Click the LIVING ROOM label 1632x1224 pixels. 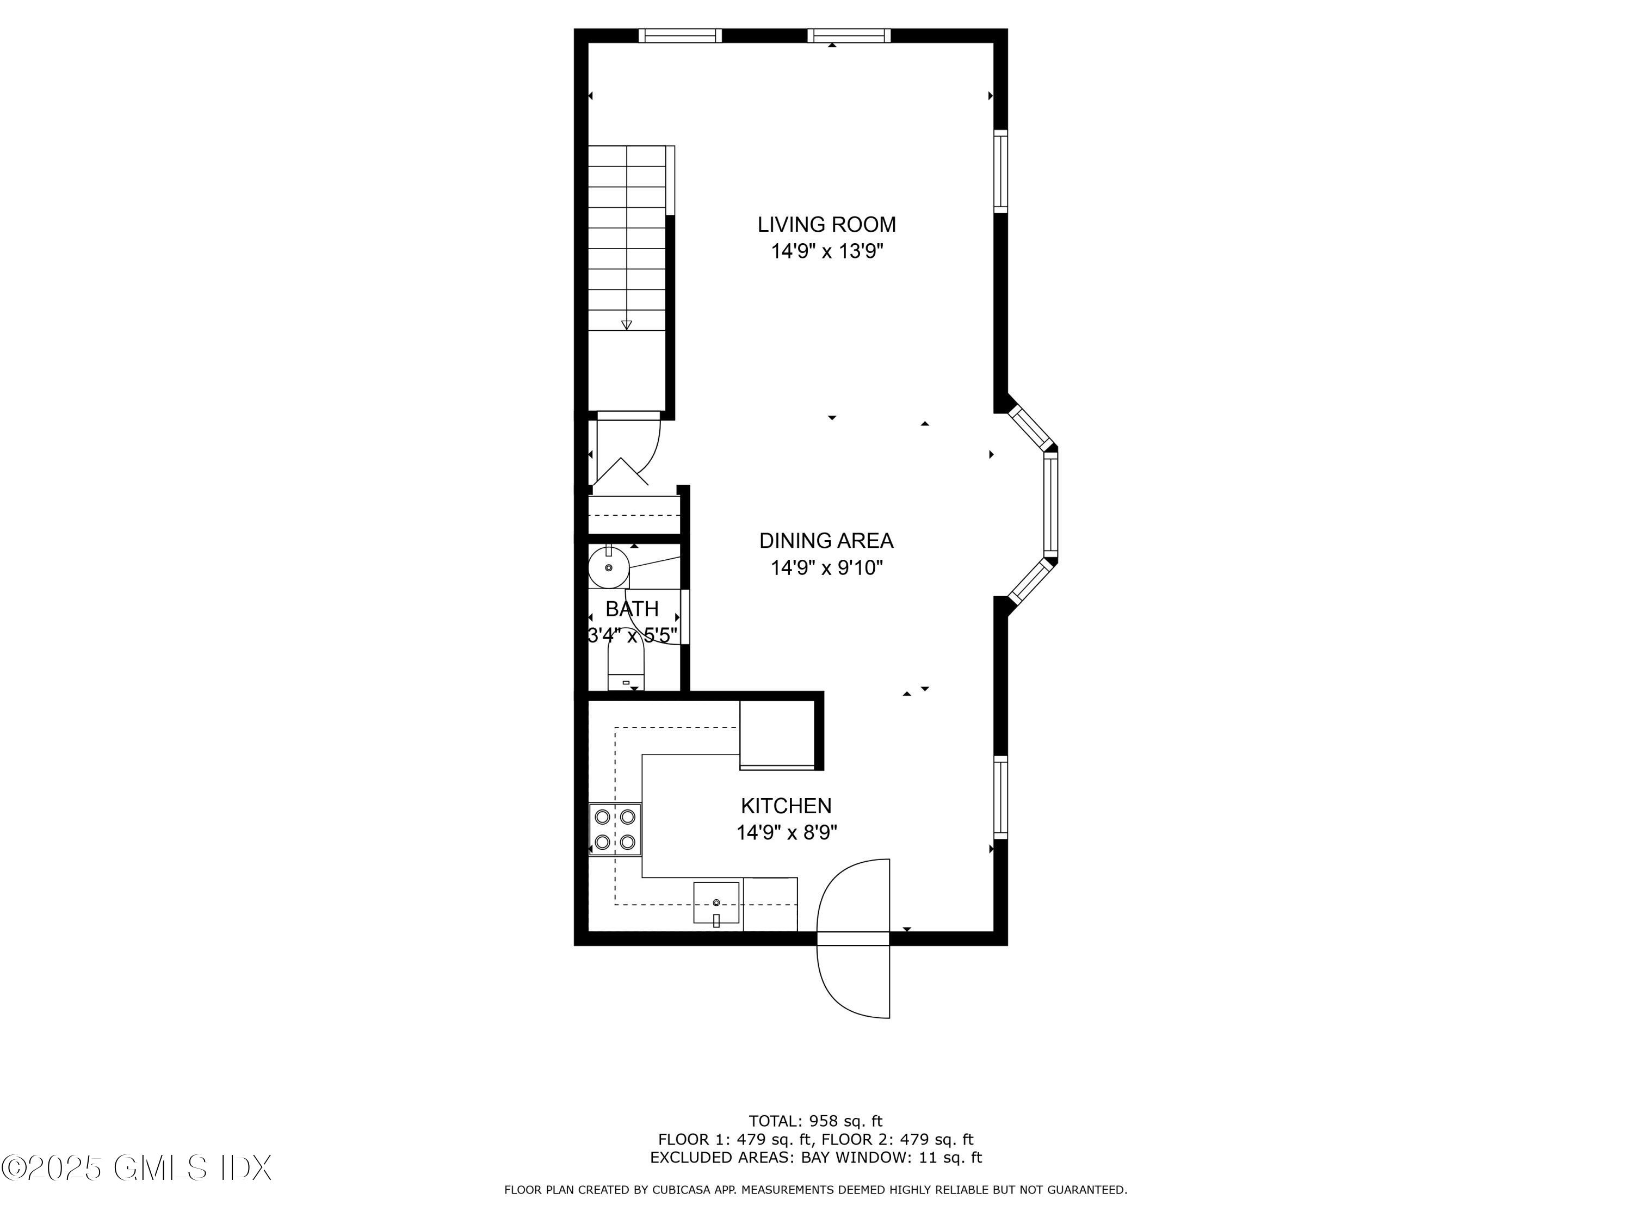click(826, 224)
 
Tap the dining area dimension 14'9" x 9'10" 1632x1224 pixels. click(826, 568)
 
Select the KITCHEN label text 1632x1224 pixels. click(786, 806)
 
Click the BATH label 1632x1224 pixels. click(632, 609)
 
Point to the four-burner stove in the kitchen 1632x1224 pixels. click(615, 829)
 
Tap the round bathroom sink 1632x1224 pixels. click(608, 568)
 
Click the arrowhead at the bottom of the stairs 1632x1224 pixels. click(626, 325)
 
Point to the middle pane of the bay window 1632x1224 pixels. click(1050, 505)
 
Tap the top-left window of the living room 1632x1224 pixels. click(679, 35)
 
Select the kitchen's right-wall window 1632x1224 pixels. click(1000, 797)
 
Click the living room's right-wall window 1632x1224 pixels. click(1000, 171)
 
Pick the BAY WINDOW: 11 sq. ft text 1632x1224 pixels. click(891, 1158)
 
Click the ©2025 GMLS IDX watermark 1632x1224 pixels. click(137, 1168)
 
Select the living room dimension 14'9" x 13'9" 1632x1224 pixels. click(826, 251)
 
